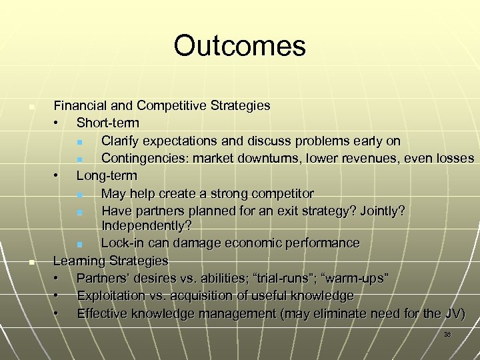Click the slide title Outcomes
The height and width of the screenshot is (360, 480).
coord(239,46)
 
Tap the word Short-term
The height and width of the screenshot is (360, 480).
coord(108,123)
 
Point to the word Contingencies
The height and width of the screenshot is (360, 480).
coord(143,159)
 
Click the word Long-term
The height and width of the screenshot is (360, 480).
coord(107,176)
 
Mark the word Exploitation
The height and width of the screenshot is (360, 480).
coord(113,295)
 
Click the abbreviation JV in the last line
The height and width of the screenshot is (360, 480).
coord(454,313)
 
